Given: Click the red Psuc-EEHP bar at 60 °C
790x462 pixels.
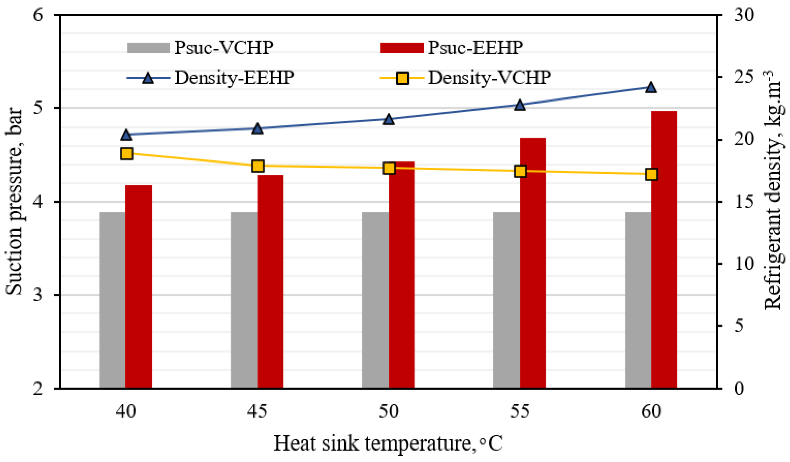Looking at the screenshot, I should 664,251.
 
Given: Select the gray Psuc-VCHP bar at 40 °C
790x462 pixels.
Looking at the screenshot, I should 112,301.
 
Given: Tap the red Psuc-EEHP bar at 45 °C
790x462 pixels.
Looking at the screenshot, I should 270,282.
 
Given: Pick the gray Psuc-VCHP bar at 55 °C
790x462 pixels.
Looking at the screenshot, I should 506,301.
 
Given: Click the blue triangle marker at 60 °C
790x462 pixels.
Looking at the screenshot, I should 651,87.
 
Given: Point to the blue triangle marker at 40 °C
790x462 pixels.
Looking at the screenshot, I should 126,135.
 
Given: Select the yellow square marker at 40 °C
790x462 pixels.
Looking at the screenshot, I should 127,154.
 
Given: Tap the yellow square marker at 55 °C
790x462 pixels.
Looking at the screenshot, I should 520,171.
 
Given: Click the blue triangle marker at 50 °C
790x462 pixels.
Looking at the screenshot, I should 388,119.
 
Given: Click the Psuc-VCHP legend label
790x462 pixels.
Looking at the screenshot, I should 223,48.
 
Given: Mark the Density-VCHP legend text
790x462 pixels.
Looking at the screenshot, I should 489,77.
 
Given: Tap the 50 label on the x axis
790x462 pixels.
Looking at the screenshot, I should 388,411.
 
